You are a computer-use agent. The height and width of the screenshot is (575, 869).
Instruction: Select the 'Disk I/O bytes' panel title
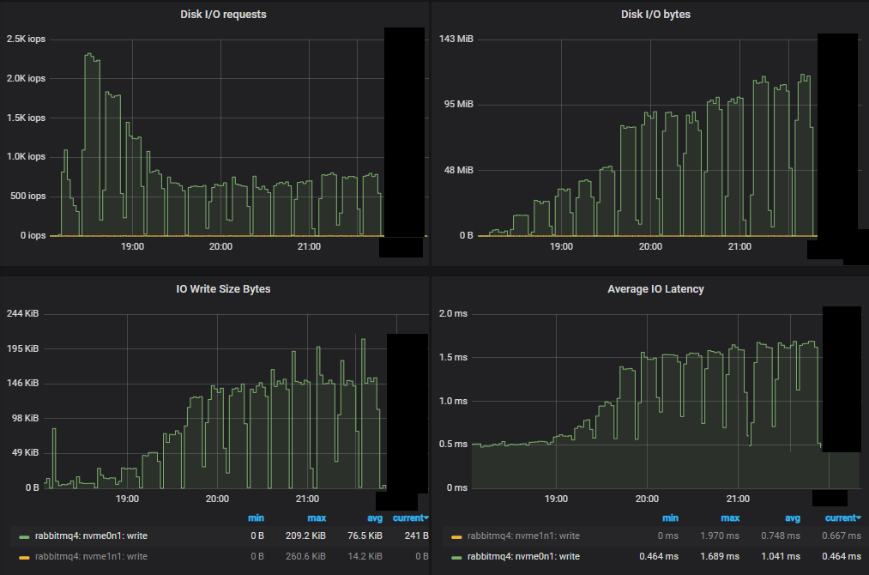[x=649, y=15]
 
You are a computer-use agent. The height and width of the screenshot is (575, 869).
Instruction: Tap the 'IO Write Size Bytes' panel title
[x=223, y=289]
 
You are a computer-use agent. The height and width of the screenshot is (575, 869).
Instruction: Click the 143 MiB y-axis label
[x=456, y=39]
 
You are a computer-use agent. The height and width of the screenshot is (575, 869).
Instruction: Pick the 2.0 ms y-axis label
[x=453, y=314]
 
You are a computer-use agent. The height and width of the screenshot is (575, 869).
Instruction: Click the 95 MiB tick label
[x=459, y=105]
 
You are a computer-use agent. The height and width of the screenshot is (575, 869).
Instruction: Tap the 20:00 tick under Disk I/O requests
[x=220, y=247]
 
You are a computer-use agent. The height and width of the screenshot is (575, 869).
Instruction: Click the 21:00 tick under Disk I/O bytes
[x=739, y=247]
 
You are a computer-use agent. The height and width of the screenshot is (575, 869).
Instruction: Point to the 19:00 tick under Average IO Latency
[x=556, y=499]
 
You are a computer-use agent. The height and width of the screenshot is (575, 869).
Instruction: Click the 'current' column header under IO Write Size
[x=410, y=518]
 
